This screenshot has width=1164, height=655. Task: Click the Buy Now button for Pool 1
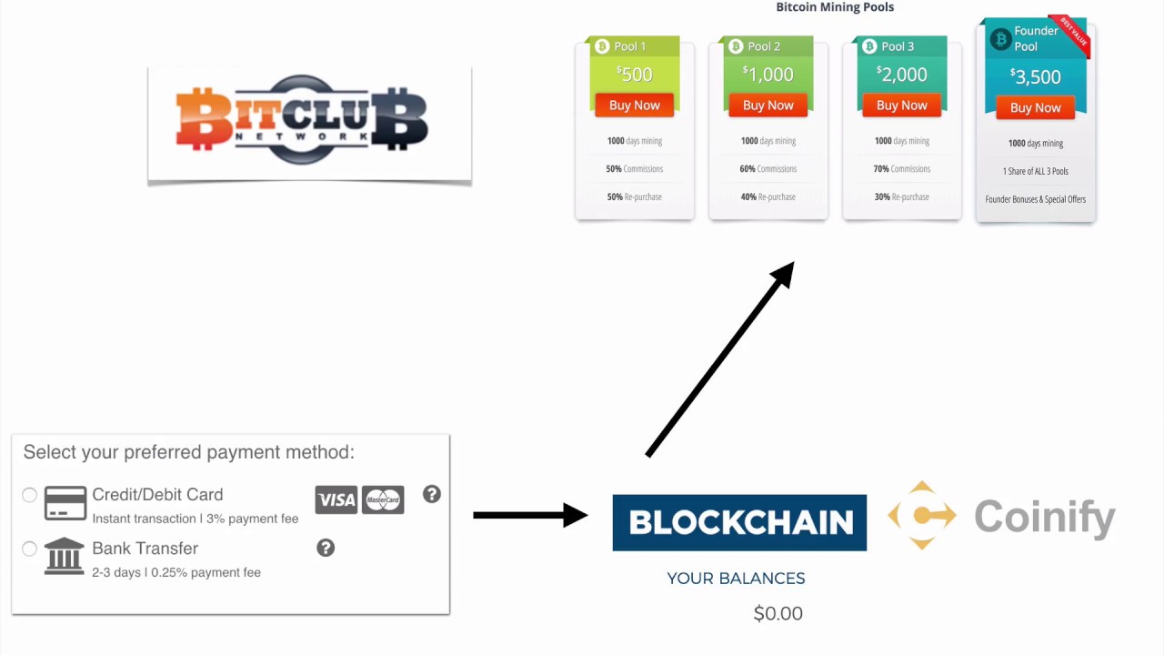coord(634,106)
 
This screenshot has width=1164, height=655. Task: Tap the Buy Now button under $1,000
coord(768,106)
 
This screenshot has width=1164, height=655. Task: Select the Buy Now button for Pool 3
coord(901,106)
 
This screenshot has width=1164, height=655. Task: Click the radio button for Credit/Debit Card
coord(30,495)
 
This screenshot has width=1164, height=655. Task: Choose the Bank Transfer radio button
coord(30,549)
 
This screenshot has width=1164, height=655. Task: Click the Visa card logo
coord(336,499)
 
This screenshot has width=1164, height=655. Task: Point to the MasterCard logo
coord(383,499)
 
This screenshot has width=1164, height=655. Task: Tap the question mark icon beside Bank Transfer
coord(326,548)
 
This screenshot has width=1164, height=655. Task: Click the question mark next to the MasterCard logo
coord(432,494)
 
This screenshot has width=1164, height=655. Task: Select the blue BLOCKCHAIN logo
coord(739,522)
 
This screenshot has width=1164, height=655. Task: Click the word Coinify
coord(1044,517)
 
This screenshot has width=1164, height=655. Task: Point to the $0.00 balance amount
coord(778,613)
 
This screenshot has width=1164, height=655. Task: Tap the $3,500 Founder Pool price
coord(1035,76)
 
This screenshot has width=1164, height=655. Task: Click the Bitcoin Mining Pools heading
coord(835,7)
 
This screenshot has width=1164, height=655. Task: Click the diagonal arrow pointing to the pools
coord(719,358)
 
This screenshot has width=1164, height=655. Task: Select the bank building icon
coord(65,556)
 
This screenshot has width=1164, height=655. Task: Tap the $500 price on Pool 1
coord(634,74)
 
